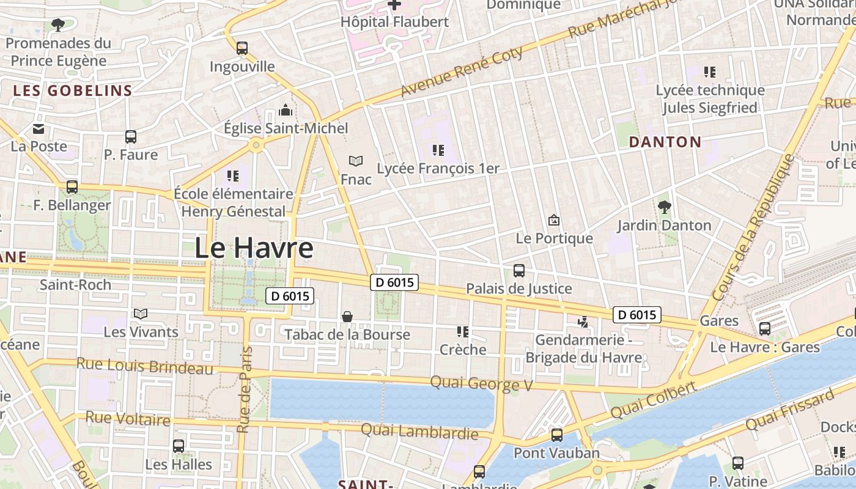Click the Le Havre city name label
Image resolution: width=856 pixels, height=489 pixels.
coord(254,248)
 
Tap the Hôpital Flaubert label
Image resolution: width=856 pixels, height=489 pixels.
coord(395,22)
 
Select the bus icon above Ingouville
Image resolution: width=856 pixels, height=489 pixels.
coord(242,48)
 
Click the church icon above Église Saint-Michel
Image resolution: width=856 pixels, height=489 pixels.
coord(285,111)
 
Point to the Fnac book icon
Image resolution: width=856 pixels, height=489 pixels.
coord(356,161)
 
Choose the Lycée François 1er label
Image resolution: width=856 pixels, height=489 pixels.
coord(438,168)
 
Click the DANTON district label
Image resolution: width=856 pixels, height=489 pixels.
coord(665,142)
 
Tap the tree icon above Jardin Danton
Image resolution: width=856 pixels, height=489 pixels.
coord(664,207)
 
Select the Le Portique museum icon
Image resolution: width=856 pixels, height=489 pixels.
coord(554,220)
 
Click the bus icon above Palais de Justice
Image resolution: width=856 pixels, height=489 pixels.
coord(519,270)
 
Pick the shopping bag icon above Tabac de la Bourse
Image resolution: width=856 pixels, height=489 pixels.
coord(347,316)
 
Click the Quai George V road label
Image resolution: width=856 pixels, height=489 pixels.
coord(482,384)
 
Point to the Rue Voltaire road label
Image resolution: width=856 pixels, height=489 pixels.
coord(128,419)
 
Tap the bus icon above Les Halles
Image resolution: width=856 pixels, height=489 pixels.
coord(179,446)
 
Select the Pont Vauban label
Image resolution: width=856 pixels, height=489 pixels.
coord(556,453)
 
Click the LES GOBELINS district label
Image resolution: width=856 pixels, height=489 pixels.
coord(73,91)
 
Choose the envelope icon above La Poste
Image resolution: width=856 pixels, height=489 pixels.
coord(39,128)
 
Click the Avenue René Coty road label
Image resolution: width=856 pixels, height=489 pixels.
coord(462,72)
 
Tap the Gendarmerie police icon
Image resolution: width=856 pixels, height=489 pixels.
coord(583,321)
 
